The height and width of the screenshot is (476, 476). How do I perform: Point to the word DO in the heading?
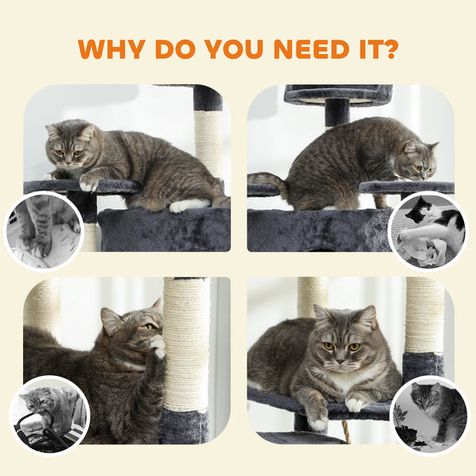tap(174, 48)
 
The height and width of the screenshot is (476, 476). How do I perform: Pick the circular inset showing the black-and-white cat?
tap(428, 231)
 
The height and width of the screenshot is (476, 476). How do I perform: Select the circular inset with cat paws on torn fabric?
tap(44, 231)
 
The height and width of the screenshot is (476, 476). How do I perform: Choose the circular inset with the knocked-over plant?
tap(429, 415)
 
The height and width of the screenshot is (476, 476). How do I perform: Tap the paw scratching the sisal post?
tap(157, 344)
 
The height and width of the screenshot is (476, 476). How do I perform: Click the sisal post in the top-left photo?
tap(209, 143)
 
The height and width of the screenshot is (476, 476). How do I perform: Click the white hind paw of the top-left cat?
tap(187, 205)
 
